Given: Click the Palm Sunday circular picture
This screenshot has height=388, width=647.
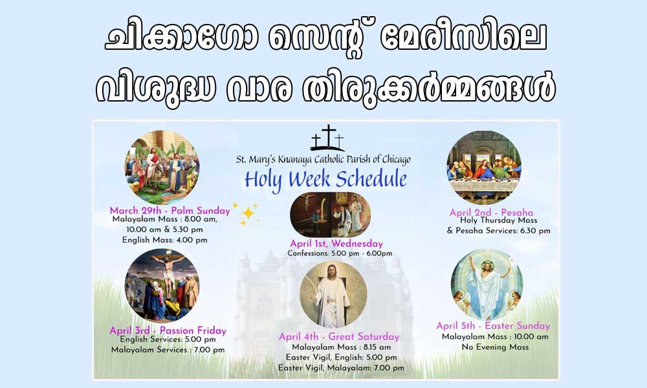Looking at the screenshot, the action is (x=162, y=167).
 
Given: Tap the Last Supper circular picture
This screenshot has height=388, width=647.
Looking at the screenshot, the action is (x=483, y=167).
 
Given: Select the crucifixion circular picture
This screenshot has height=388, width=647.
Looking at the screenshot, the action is (x=162, y=285).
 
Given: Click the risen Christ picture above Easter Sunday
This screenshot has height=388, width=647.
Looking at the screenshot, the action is (x=487, y=285).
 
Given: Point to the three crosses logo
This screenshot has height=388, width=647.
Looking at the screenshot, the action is (x=327, y=138).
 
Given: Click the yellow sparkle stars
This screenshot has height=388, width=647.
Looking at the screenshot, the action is (x=247, y=213).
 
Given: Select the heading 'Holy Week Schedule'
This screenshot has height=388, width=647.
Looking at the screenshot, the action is (x=325, y=180).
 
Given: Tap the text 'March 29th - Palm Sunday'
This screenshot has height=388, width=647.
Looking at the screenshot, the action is (x=170, y=210).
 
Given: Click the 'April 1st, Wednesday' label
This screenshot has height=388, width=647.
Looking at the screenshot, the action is (x=336, y=243).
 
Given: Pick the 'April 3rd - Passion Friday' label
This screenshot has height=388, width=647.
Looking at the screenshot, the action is (x=168, y=330).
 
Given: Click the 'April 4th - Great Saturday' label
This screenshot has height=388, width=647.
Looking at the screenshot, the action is (x=339, y=336).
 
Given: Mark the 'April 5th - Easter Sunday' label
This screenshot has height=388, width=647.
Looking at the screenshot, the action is (x=493, y=325).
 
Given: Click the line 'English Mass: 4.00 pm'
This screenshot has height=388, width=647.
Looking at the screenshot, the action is (x=164, y=240).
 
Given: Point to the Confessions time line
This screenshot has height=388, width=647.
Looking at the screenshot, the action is (x=340, y=253).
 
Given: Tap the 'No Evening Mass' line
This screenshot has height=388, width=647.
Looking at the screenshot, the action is (x=495, y=347).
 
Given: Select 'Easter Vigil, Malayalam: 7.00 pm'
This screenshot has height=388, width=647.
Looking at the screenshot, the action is (x=341, y=368).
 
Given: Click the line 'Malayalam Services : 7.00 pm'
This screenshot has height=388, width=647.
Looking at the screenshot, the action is (x=168, y=350).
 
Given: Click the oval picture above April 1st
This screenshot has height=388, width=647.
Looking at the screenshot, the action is (x=331, y=215).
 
